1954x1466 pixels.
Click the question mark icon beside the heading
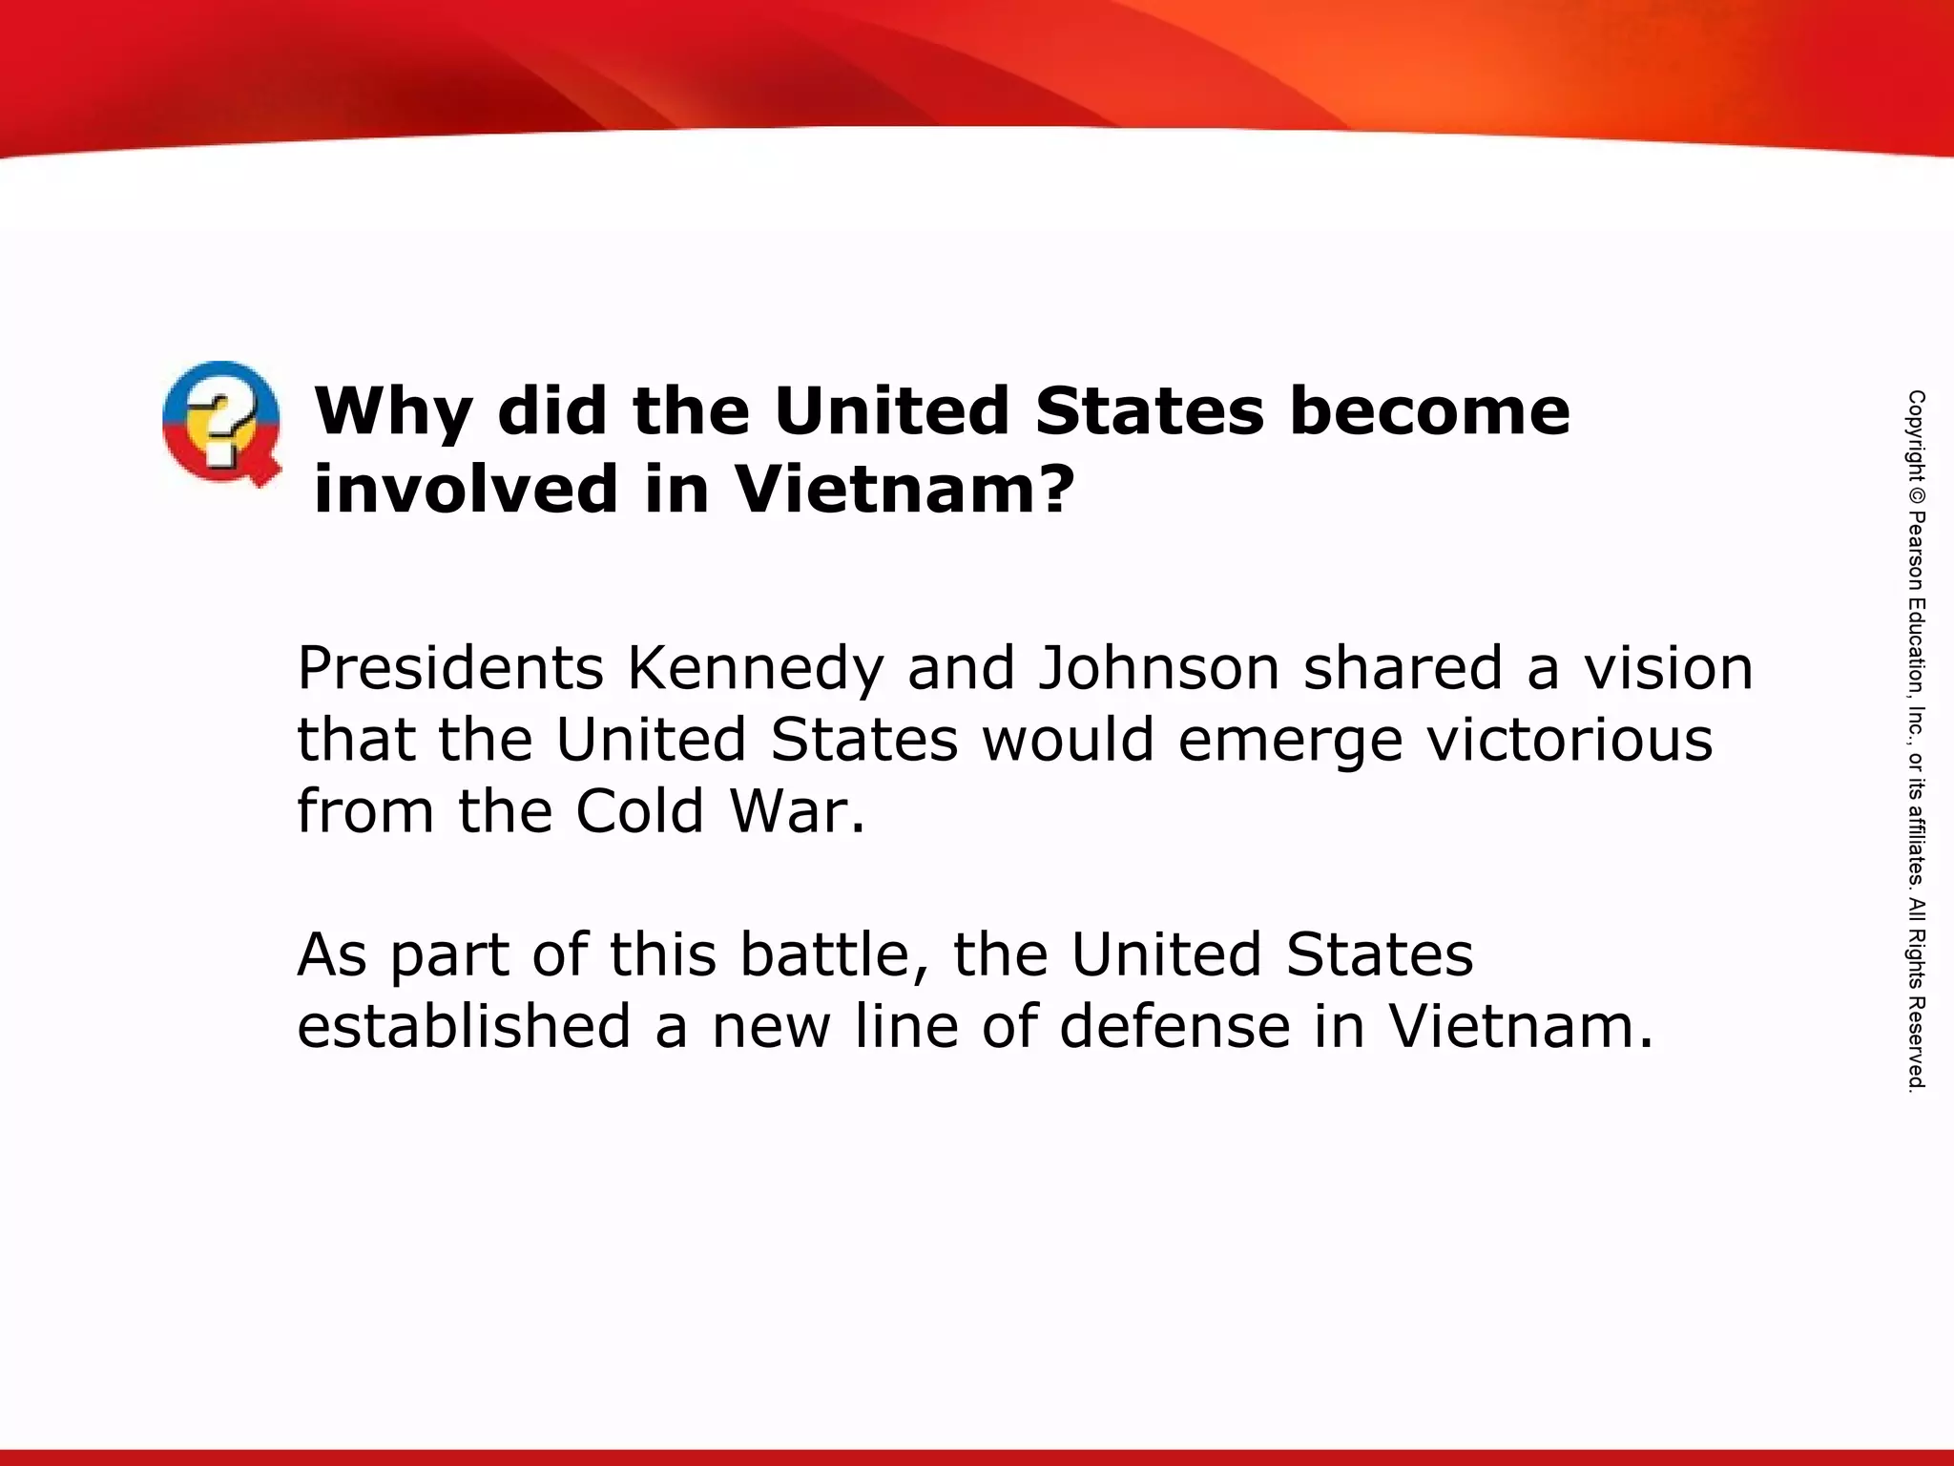221,423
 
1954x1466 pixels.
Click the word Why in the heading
393,411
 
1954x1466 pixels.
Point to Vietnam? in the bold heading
904,488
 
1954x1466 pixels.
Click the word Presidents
450,667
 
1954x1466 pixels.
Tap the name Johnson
1158,667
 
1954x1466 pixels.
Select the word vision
1669,667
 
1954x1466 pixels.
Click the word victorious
1569,740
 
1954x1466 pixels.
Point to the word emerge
1290,742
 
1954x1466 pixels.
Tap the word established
464,1026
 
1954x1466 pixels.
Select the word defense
1174,1026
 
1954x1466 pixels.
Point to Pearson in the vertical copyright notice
1916,553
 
